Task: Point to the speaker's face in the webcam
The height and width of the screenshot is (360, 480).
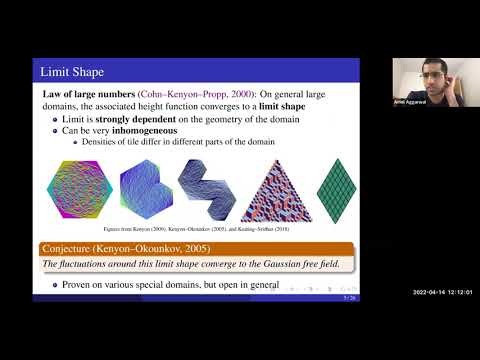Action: [432, 77]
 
